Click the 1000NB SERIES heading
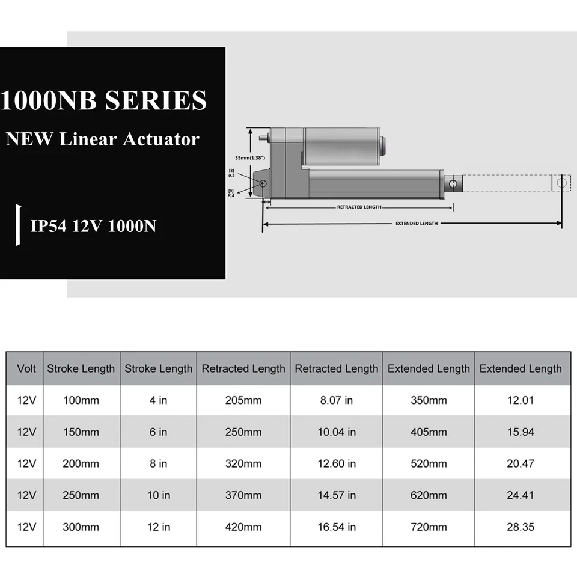click(103, 100)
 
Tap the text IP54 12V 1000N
click(93, 227)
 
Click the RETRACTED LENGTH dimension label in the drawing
click(359, 207)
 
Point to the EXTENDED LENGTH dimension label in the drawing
click(416, 223)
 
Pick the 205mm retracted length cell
click(243, 400)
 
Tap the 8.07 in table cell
click(337, 400)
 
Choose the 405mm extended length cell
click(429, 432)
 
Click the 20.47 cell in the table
click(520, 464)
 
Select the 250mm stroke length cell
click(81, 496)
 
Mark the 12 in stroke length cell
click(158, 527)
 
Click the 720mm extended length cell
click(429, 527)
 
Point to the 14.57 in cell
click(337, 496)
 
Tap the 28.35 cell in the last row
click(520, 527)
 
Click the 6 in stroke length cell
click(158, 432)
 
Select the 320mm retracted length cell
click(243, 464)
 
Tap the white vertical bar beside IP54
click(18, 225)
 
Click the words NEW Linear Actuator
click(102, 139)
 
